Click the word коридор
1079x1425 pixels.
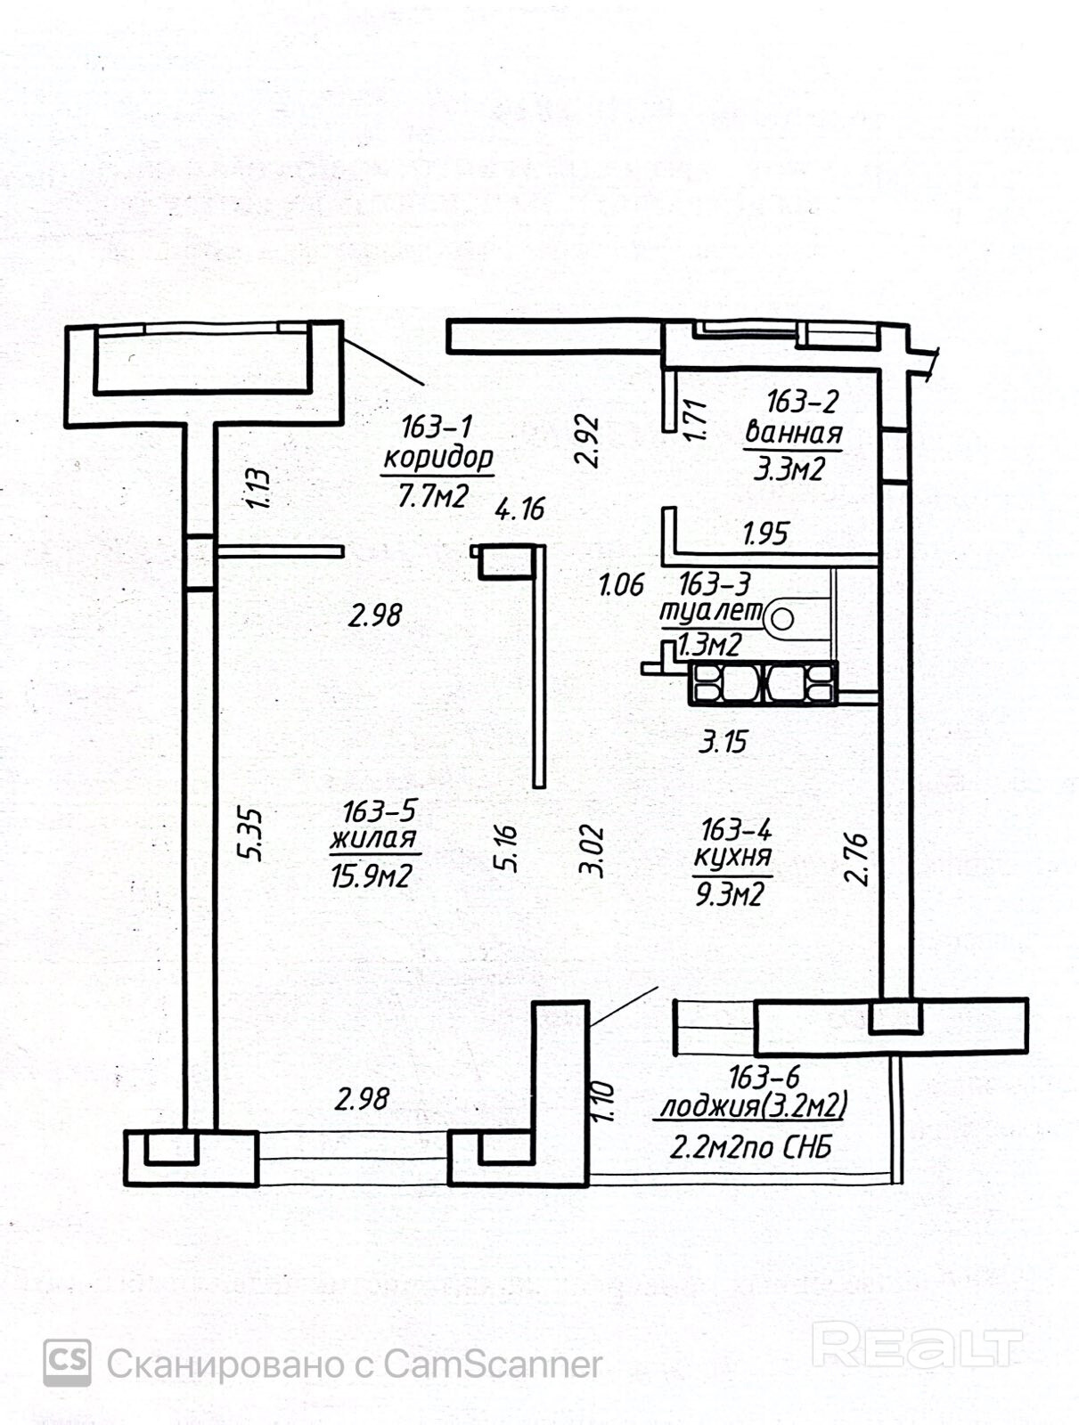pyautogui.click(x=438, y=459)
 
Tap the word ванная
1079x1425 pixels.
pyautogui.click(x=793, y=432)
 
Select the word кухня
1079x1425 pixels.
pyautogui.click(x=732, y=857)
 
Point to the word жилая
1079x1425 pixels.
pyautogui.click(x=373, y=838)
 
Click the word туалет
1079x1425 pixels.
pyautogui.click(x=712, y=612)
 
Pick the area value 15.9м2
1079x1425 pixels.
pyautogui.click(x=372, y=876)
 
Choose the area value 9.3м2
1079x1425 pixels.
pyautogui.click(x=730, y=895)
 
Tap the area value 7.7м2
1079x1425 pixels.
pyautogui.click(x=433, y=497)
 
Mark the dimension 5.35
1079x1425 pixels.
pyautogui.click(x=250, y=835)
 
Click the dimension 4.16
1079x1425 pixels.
pyautogui.click(x=519, y=509)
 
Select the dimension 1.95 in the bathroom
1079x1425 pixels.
pyautogui.click(x=765, y=533)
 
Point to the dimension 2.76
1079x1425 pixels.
pyautogui.click(x=855, y=859)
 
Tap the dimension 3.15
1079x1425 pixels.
pyautogui.click(x=723, y=741)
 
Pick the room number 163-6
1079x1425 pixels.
pyautogui.click(x=764, y=1078)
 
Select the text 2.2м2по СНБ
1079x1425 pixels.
pyautogui.click(x=750, y=1148)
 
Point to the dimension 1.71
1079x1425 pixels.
pyautogui.click(x=695, y=420)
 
